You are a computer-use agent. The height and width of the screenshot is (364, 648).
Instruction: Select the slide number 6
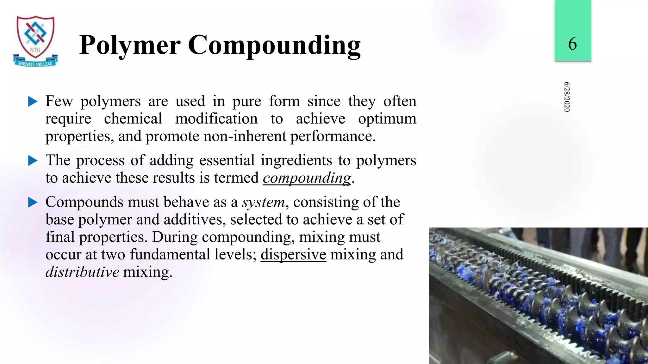tap(572, 43)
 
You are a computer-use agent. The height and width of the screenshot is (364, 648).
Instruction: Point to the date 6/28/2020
tap(567, 97)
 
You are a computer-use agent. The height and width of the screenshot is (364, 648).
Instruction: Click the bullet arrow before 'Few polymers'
tap(33, 102)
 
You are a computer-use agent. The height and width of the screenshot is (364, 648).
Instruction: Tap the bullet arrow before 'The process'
tap(33, 161)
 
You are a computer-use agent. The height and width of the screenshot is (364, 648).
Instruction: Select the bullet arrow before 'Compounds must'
tap(33, 203)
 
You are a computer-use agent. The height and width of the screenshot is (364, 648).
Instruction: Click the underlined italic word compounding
tap(307, 178)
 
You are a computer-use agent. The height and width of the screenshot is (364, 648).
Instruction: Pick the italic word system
tap(263, 202)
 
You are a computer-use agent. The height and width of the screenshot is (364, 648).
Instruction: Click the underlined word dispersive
tap(293, 255)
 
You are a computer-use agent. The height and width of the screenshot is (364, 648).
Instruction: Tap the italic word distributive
tap(82, 272)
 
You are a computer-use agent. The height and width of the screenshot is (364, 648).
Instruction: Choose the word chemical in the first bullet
tap(133, 119)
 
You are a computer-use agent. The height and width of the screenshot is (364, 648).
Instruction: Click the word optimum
tap(387, 119)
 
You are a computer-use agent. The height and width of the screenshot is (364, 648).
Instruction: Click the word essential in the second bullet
tap(227, 160)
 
